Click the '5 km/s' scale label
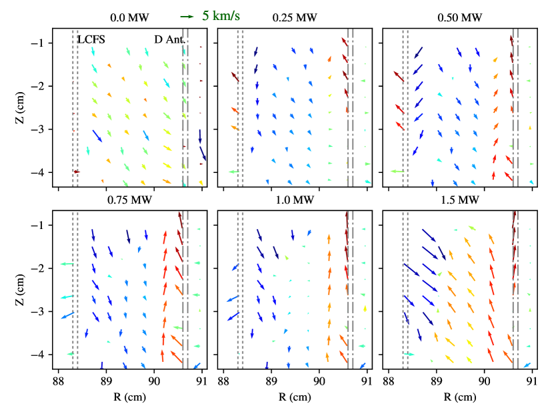(x=221, y=16)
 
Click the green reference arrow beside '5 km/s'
(x=187, y=17)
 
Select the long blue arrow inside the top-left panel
(x=97, y=136)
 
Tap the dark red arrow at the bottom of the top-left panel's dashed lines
(x=77, y=172)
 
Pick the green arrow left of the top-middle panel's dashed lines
(x=234, y=172)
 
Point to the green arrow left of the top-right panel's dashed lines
(x=397, y=172)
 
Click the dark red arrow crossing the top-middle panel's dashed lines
(x=235, y=76)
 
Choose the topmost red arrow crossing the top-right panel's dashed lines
(x=398, y=77)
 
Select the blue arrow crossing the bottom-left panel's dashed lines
(x=67, y=314)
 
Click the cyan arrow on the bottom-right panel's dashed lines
(x=409, y=354)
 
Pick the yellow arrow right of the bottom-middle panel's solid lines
(x=365, y=308)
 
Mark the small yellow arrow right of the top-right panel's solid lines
(x=530, y=127)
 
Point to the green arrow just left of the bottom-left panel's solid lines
(x=177, y=327)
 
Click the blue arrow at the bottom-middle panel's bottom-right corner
(x=362, y=365)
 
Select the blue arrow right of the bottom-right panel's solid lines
(x=527, y=365)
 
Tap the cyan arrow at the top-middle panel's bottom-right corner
(x=368, y=182)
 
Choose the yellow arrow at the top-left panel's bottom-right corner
(x=201, y=182)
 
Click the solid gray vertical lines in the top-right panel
(x=515, y=107)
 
